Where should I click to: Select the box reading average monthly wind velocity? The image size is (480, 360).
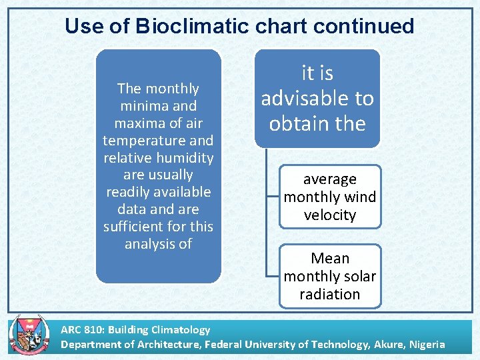[330, 197]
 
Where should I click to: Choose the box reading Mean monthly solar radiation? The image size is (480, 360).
[330, 276]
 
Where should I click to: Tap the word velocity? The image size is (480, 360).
[330, 215]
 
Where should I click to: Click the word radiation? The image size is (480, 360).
[330, 294]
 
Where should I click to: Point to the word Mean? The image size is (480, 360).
[330, 258]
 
